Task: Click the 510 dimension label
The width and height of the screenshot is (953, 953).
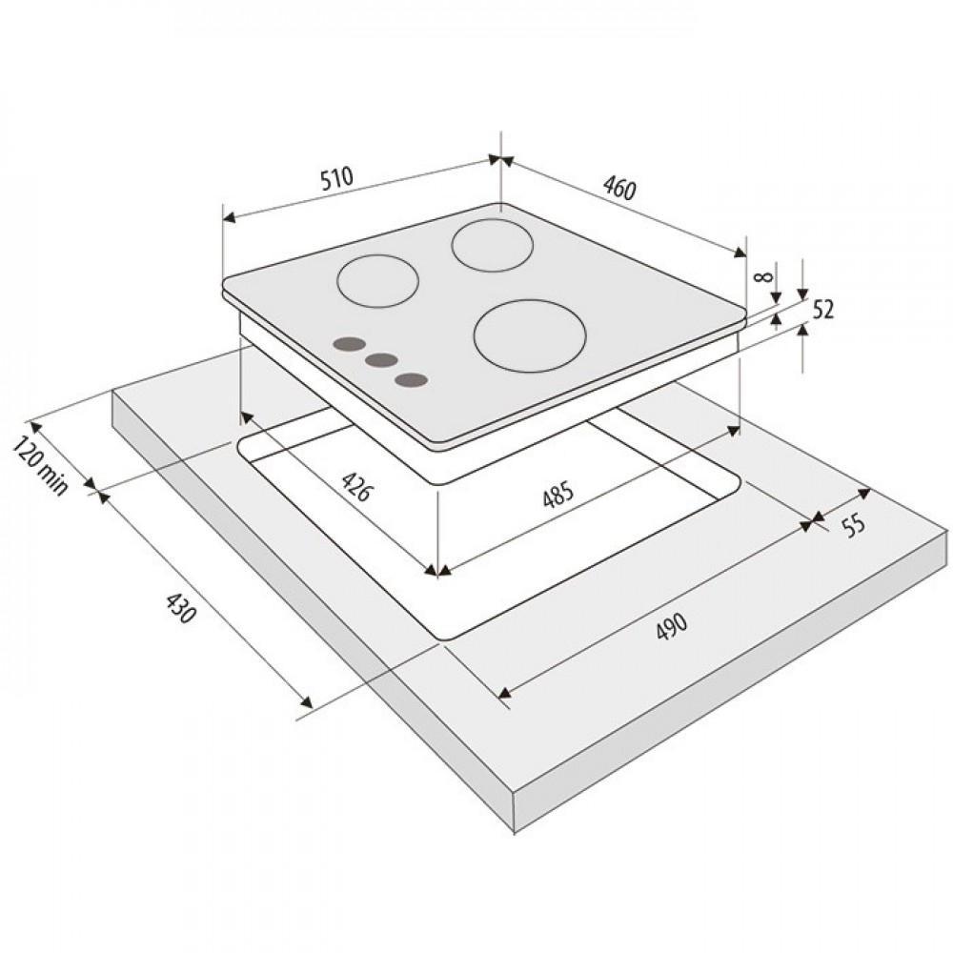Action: click(336, 178)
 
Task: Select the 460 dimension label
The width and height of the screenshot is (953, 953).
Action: click(619, 188)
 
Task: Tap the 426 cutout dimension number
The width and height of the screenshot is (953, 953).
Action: click(355, 486)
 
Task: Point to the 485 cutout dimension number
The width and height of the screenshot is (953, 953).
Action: click(558, 494)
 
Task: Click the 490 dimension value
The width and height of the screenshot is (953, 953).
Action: click(672, 625)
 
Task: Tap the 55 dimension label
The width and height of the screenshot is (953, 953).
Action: click(854, 524)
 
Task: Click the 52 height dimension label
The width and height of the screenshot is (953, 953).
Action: click(823, 310)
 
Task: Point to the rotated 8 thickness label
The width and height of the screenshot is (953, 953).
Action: click(762, 276)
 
